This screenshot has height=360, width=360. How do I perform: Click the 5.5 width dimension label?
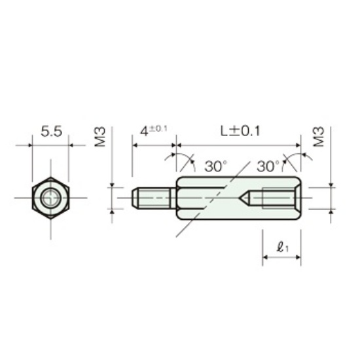click(x=51, y=132)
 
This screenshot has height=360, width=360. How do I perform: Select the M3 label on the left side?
click(x=100, y=137)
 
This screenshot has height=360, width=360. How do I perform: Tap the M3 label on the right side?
click(x=319, y=137)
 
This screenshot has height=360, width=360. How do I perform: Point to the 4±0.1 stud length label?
click(x=153, y=131)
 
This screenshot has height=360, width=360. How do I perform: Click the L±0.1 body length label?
click(x=240, y=132)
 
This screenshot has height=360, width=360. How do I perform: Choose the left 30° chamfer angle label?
click(x=215, y=166)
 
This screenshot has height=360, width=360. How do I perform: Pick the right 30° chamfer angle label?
click(x=268, y=166)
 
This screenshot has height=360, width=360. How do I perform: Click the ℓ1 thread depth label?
click(x=282, y=247)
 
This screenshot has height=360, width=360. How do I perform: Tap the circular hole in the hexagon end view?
click(x=50, y=198)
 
